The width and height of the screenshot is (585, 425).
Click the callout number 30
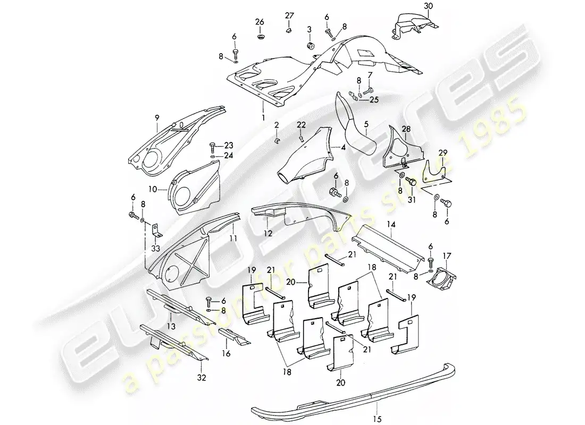click(x=429, y=6)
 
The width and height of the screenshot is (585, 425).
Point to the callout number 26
click(x=259, y=22)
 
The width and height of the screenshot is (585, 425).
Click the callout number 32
click(x=202, y=378)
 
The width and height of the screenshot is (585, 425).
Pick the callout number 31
click(x=411, y=200)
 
